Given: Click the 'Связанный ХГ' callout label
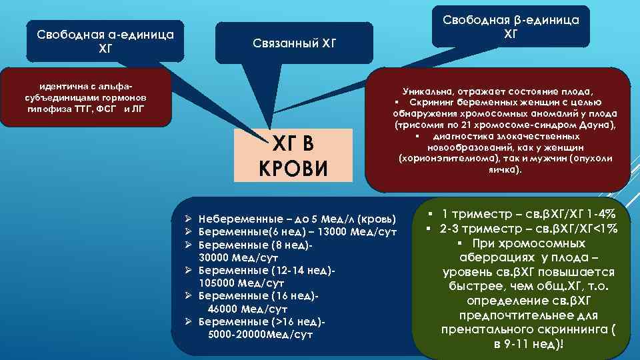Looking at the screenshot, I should coord(295,44).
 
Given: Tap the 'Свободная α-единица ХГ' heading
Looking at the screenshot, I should coord(106,41).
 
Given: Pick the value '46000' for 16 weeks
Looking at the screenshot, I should coord(225,310).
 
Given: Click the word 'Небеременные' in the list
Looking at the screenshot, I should coord(234,219).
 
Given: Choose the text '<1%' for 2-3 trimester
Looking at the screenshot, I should coord(604,229).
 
